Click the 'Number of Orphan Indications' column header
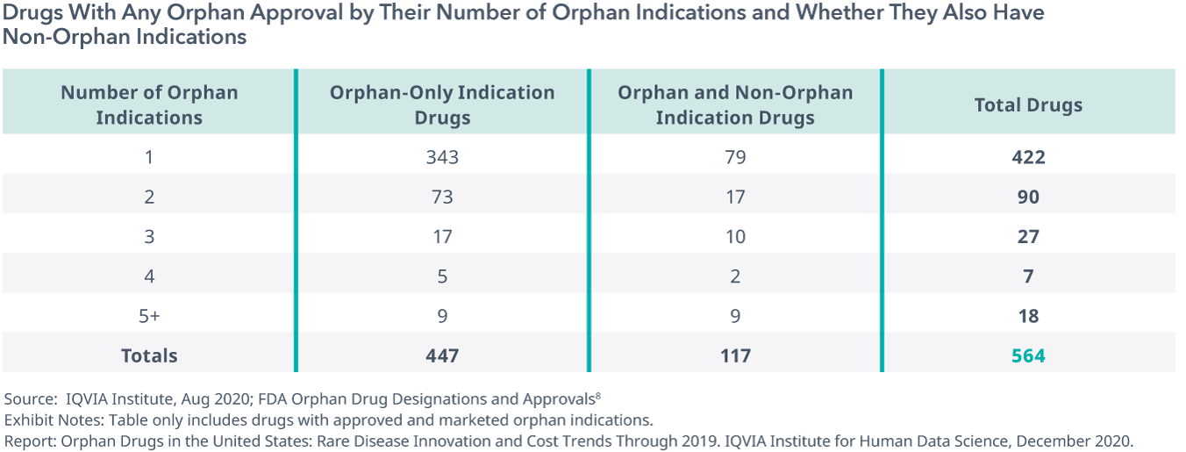coord(149,104)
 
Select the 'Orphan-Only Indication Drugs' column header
coord(442,104)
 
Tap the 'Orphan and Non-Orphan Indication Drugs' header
coord(735,104)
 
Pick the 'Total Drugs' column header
coord(1028,105)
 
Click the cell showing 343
coord(442,157)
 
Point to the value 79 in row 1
coord(735,157)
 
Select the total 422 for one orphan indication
coord(1028,157)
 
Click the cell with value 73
coord(442,197)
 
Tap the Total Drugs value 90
coord(1028,197)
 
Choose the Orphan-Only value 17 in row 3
coord(442,236)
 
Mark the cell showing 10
coord(735,236)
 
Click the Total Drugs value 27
coord(1028,236)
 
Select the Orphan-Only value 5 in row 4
coord(442,276)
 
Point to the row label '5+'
coord(149,315)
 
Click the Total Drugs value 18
coord(1028,315)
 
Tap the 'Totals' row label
coord(149,355)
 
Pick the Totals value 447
coord(442,355)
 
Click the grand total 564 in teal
coord(1028,355)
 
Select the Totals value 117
coord(735,355)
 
